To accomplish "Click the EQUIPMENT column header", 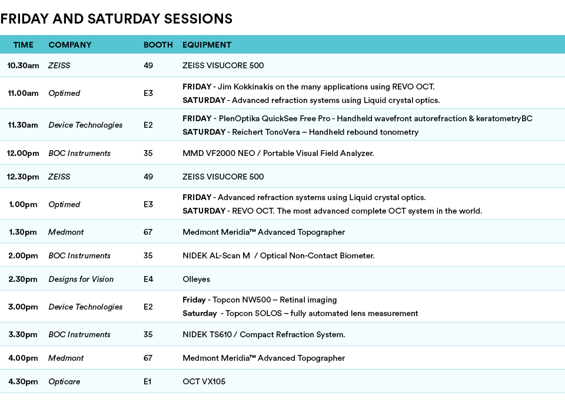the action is pyautogui.click(x=207, y=45).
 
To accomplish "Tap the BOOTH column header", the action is pyautogui.click(x=158, y=45).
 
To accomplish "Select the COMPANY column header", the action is pyautogui.click(x=70, y=45).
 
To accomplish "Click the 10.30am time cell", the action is pyautogui.click(x=23, y=65).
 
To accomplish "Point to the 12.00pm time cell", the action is pyautogui.click(x=23, y=153).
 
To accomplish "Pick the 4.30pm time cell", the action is pyautogui.click(x=23, y=381).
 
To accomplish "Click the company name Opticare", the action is pyautogui.click(x=64, y=382).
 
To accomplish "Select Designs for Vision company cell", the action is pyautogui.click(x=81, y=279).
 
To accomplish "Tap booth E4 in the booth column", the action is pyautogui.click(x=148, y=279).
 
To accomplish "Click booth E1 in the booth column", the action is pyautogui.click(x=147, y=381).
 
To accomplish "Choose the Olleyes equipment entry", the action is pyautogui.click(x=197, y=280).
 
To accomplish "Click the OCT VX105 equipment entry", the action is pyautogui.click(x=204, y=381).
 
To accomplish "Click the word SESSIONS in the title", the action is pyautogui.click(x=198, y=19).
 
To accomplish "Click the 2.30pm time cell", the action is pyautogui.click(x=23, y=279).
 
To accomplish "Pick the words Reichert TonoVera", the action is pyautogui.click(x=266, y=132).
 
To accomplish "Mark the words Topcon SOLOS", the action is pyautogui.click(x=254, y=313).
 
